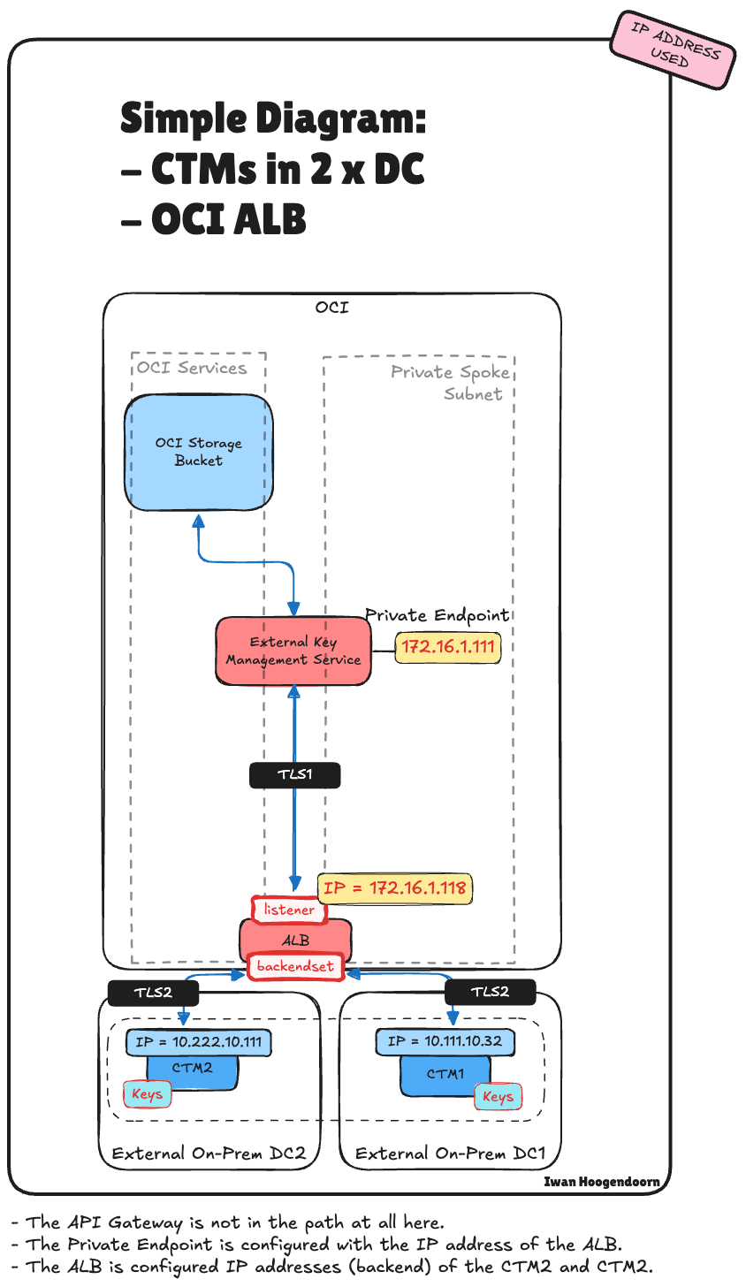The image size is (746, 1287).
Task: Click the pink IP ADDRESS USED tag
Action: click(674, 49)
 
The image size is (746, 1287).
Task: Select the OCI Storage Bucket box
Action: click(198, 452)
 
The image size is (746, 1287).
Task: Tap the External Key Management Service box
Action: click(293, 651)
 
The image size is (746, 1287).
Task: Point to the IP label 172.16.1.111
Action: click(448, 647)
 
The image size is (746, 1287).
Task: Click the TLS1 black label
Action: click(295, 775)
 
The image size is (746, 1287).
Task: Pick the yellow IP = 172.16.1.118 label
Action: click(395, 887)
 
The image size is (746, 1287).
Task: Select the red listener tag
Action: click(289, 910)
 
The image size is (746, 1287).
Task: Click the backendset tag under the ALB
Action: click(295, 967)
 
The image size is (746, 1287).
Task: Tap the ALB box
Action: click(295, 940)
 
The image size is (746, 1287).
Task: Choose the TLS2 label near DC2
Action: click(153, 992)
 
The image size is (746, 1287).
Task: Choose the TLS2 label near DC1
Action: click(490, 992)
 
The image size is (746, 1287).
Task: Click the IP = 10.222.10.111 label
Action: click(199, 1041)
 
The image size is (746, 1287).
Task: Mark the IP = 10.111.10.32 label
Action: click(445, 1041)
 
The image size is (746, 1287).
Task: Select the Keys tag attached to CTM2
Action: click(147, 1094)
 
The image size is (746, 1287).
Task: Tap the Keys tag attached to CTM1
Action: click(498, 1097)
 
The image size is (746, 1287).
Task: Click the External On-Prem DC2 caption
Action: click(209, 1154)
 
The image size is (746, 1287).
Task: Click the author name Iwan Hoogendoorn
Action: click(601, 1182)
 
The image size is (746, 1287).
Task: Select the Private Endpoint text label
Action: click(438, 615)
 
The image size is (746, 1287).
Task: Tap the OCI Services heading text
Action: click(192, 368)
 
